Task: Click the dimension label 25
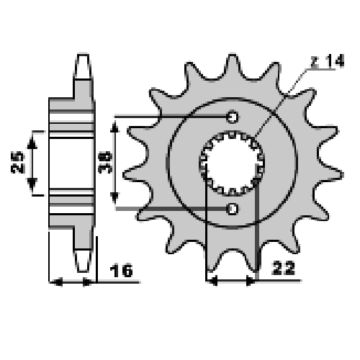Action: pyautogui.click(x=18, y=162)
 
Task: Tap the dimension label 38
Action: pyautogui.click(x=105, y=162)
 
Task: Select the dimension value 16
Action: pyautogui.click(x=121, y=270)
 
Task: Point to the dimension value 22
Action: pyautogui.click(x=283, y=269)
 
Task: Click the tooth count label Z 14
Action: pyautogui.click(x=328, y=60)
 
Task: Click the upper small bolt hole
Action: pyautogui.click(x=232, y=117)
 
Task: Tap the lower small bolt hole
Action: pyautogui.click(x=232, y=209)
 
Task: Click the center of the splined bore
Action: pyautogui.click(x=232, y=163)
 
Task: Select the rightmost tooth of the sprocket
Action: pyautogui.click(x=330, y=174)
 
